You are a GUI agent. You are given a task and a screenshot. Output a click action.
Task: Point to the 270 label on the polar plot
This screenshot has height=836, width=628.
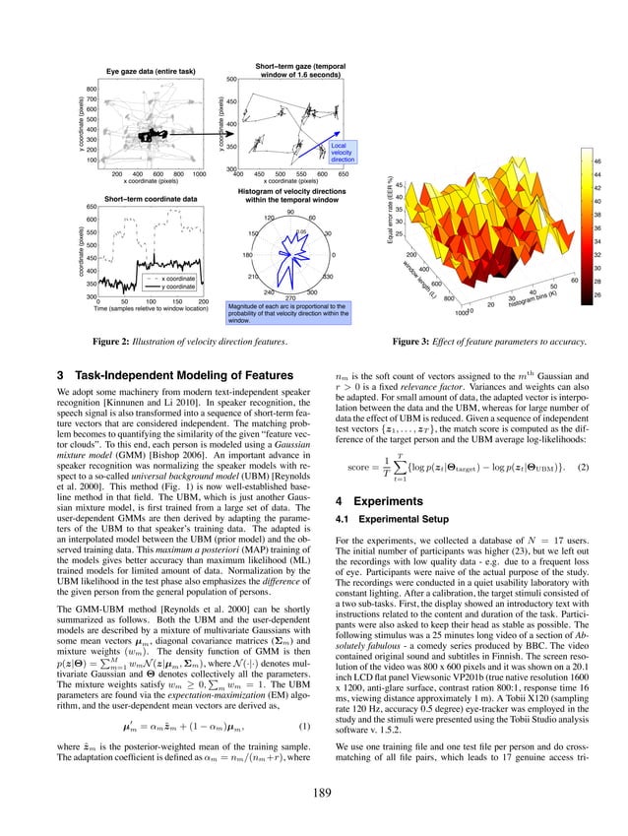point(289,297)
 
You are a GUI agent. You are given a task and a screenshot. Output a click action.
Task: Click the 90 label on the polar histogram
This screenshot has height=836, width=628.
point(289,212)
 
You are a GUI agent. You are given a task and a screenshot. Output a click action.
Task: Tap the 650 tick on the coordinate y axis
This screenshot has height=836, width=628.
point(90,207)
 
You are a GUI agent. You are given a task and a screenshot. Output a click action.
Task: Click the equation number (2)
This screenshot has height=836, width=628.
point(583,465)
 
